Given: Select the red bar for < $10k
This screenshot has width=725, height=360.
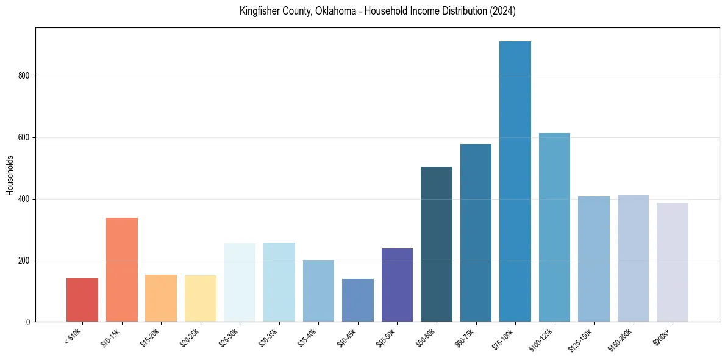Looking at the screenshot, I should tap(82, 300).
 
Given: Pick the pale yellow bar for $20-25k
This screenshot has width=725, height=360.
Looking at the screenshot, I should tap(201, 298).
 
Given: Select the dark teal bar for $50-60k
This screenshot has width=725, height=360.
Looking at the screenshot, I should tap(437, 244).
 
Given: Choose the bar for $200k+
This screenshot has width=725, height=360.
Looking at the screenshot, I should tap(673, 262).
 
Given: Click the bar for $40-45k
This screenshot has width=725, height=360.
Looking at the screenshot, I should tap(358, 300).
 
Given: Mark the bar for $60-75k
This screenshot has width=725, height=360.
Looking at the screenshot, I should tap(476, 232).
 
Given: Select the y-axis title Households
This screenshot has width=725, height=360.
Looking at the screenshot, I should tap(10, 175).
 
